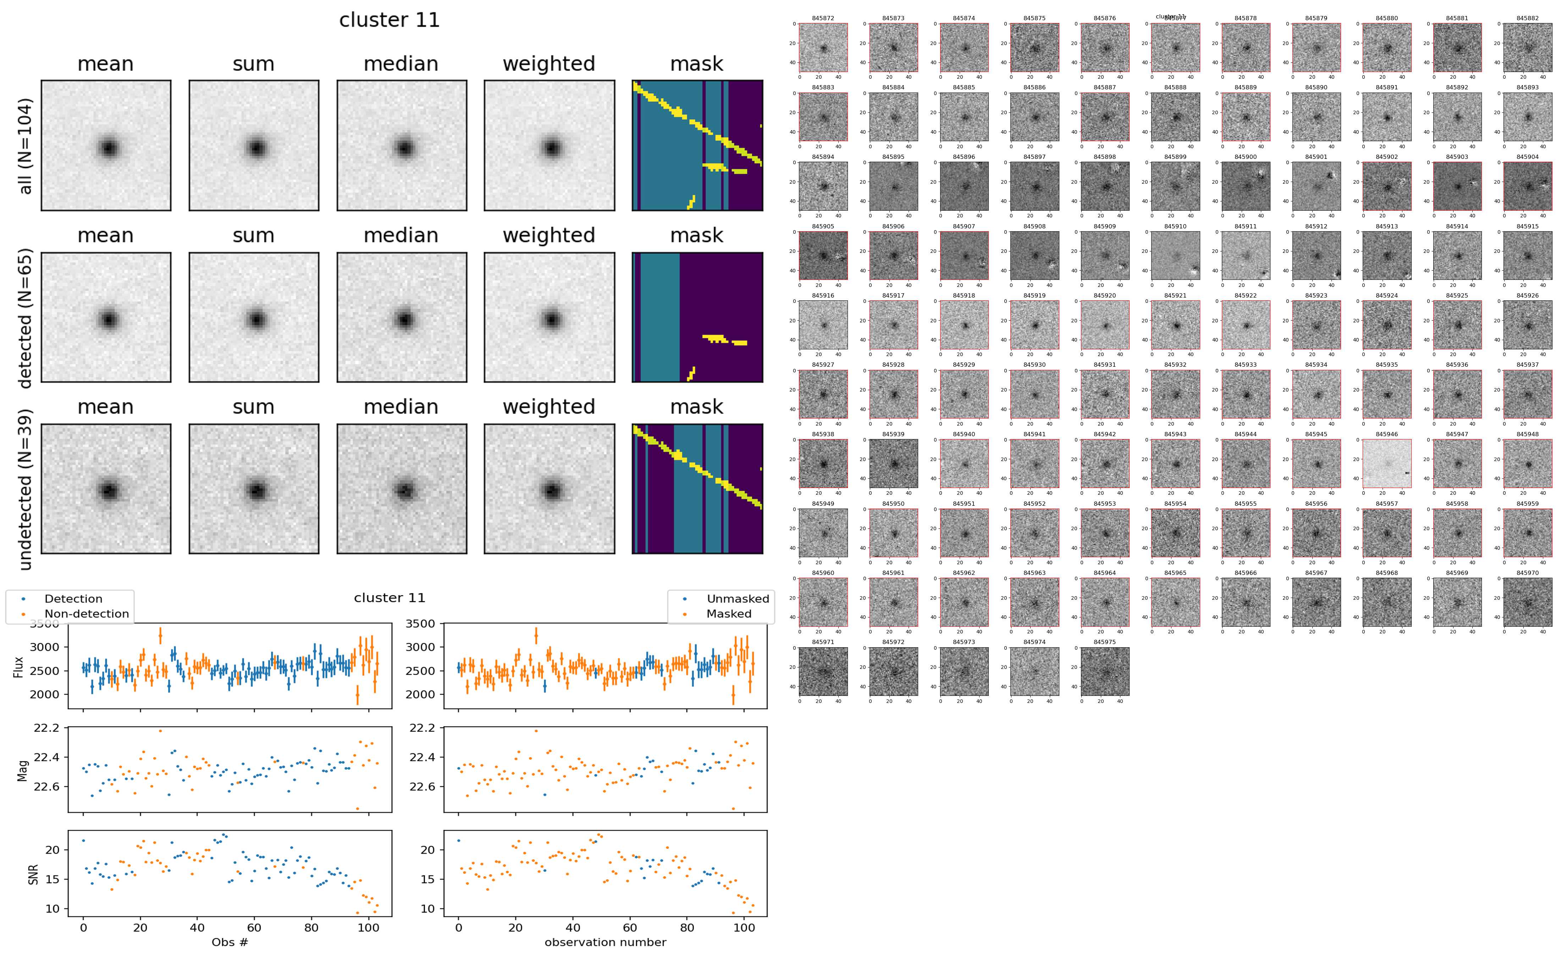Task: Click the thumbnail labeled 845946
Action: point(1386,464)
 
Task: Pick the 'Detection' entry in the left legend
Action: point(73,599)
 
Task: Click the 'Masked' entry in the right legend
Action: point(729,614)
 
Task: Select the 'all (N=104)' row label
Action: point(26,146)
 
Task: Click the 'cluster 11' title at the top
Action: point(390,20)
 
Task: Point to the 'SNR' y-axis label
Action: point(33,874)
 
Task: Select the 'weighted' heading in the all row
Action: point(549,64)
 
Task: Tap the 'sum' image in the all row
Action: point(254,146)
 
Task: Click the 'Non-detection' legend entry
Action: point(86,614)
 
